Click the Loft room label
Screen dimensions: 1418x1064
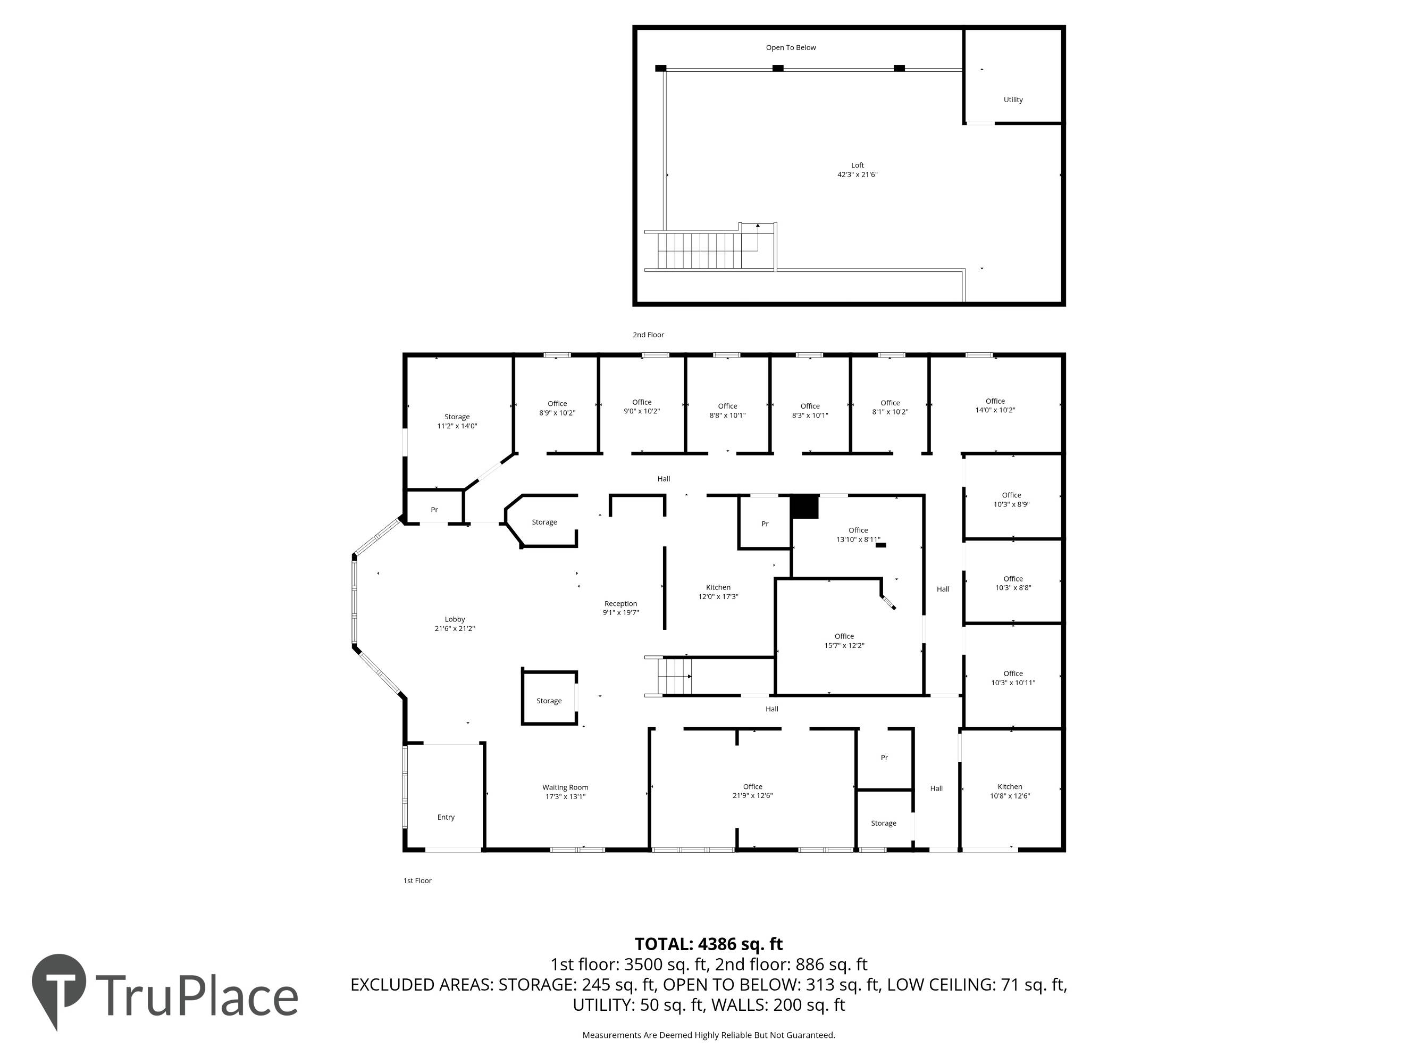click(x=857, y=165)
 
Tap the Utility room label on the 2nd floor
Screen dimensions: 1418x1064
click(x=1013, y=99)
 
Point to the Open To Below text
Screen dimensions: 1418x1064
click(x=791, y=47)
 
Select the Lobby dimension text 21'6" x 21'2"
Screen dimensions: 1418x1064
click(x=455, y=628)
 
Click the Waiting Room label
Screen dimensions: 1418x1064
click(x=565, y=787)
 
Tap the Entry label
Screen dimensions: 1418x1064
click(x=446, y=817)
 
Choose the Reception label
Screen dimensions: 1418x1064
click(x=620, y=603)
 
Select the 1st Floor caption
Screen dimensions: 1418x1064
click(x=417, y=880)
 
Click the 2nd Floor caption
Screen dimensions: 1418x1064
click(x=648, y=335)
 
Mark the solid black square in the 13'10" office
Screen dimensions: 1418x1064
click(x=804, y=506)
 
